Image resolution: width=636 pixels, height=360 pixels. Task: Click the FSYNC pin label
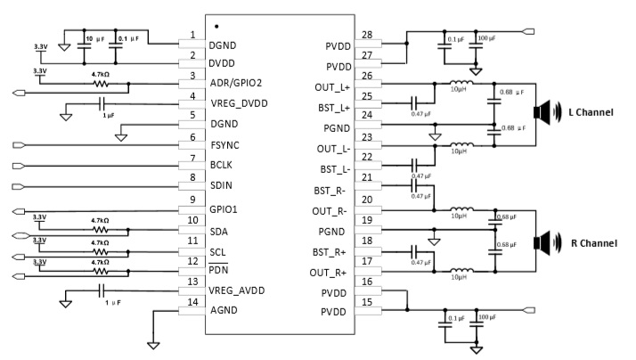[231, 145]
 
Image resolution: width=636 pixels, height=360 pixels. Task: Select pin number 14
[193, 303]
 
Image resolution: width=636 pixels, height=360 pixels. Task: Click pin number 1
[193, 35]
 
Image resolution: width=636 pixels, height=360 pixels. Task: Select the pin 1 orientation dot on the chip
[216, 26]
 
